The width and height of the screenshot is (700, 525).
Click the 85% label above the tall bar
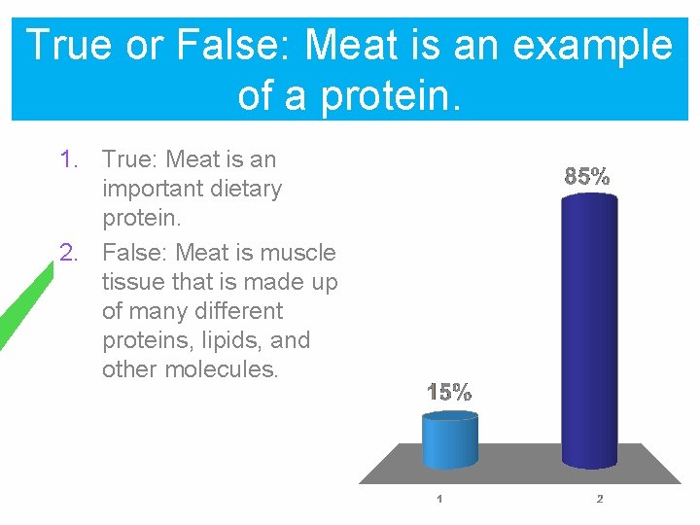tap(587, 177)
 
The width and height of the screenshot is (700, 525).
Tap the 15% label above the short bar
tap(449, 393)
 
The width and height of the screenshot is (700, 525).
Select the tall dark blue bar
tap(589, 331)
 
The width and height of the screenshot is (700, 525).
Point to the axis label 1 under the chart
tap(439, 500)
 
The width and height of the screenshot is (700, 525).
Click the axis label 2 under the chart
tap(599, 500)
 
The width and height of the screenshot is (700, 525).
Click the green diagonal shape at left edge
tap(24, 306)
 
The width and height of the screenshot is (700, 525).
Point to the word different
tap(236, 311)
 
